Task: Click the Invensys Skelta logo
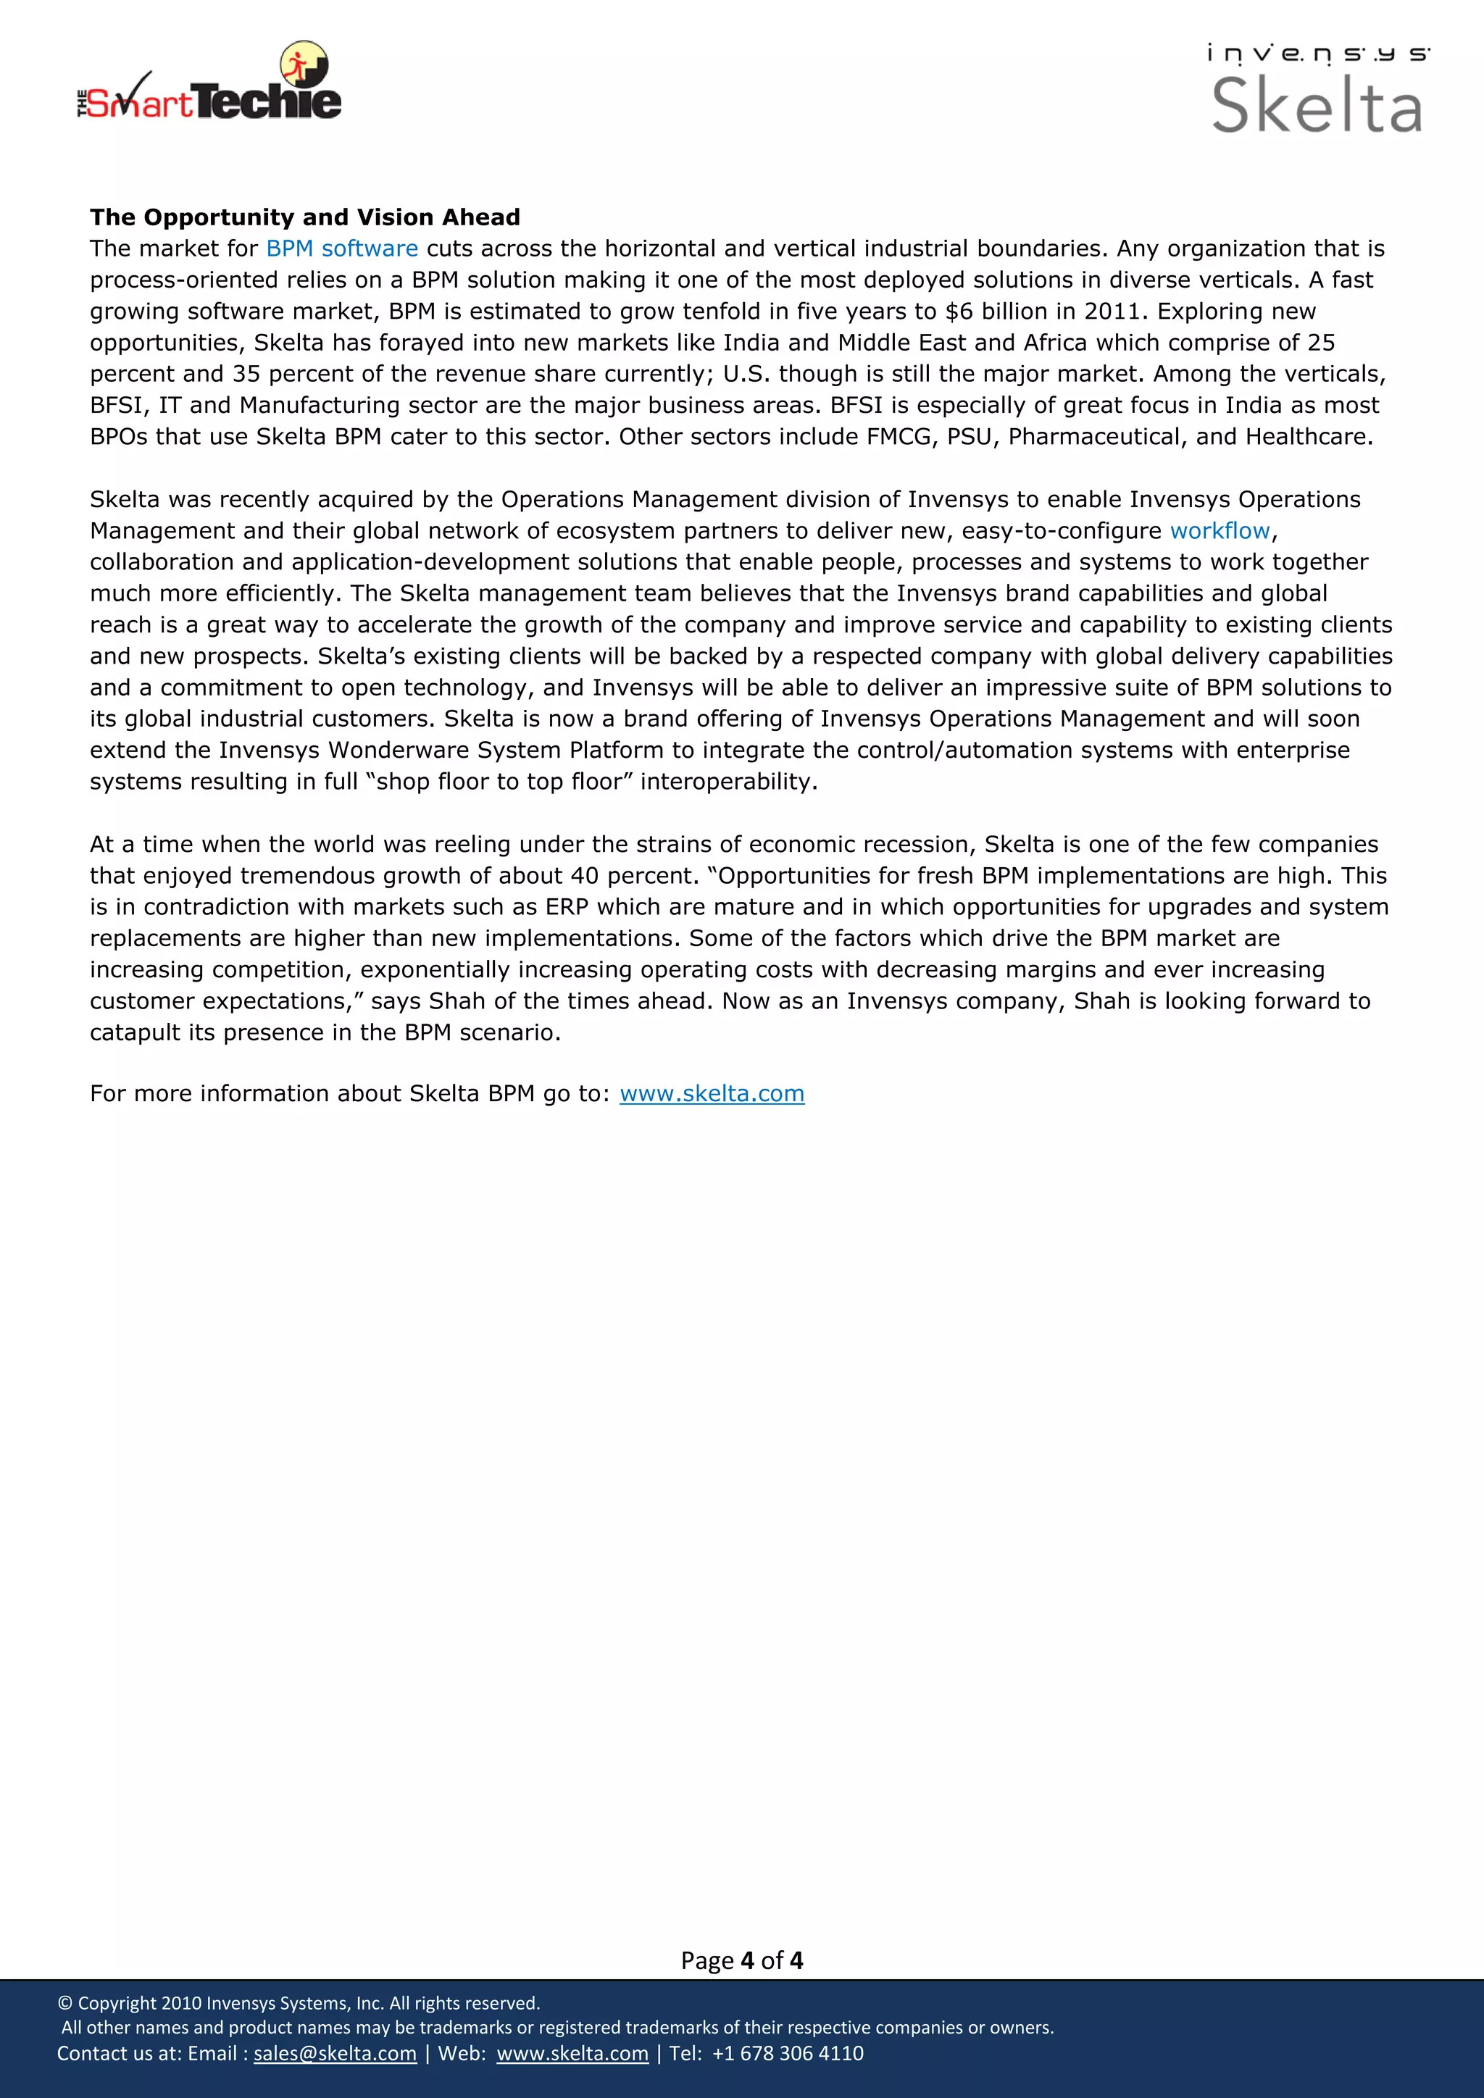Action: tap(1317, 90)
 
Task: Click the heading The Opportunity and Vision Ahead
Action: tap(304, 217)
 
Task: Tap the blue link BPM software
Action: tap(342, 248)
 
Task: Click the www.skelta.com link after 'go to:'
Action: tap(712, 1094)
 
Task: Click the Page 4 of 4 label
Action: tap(741, 1960)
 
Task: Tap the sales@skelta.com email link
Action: tap(335, 2053)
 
